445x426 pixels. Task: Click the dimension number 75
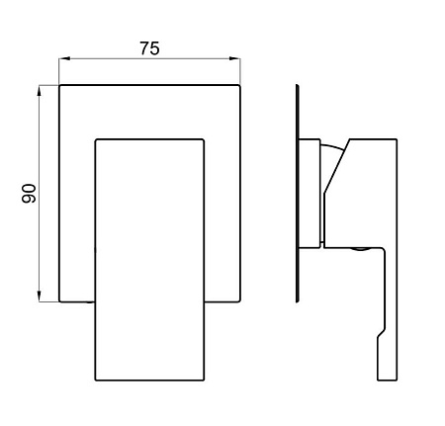(x=149, y=48)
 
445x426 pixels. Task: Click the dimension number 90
(x=29, y=194)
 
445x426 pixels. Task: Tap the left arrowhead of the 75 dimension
(x=64, y=58)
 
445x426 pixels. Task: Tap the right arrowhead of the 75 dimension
(x=235, y=58)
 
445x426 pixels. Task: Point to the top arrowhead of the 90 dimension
(x=40, y=91)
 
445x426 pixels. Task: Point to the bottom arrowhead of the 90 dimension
(x=40, y=297)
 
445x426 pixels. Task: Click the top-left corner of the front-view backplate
(x=59, y=85)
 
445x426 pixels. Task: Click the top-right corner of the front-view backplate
(x=240, y=85)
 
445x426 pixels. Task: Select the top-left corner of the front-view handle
(x=96, y=139)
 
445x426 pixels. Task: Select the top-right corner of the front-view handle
(x=204, y=139)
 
